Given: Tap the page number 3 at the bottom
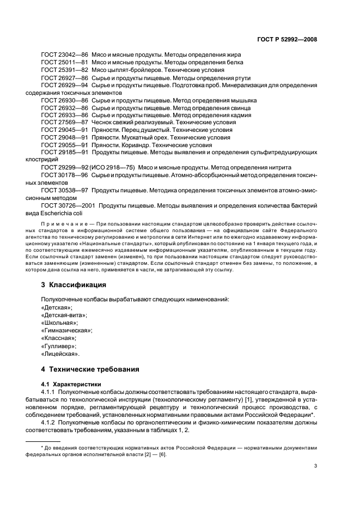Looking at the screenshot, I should pyautogui.click(x=315, y=466).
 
